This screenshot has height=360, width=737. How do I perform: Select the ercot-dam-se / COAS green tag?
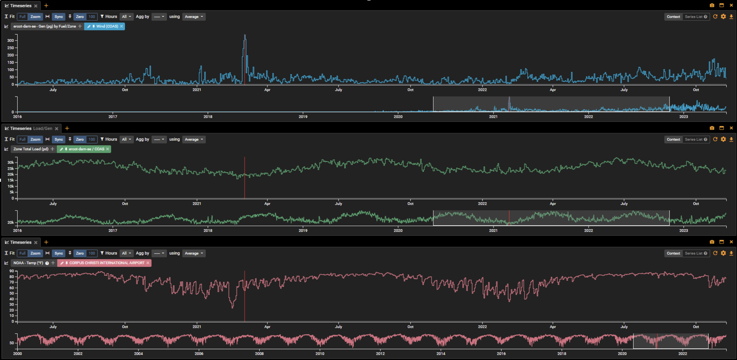[x=84, y=149]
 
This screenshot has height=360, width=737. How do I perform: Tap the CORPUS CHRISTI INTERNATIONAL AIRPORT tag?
[x=104, y=263]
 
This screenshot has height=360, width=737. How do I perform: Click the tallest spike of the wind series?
[x=245, y=35]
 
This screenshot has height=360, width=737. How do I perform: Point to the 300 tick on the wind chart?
[x=11, y=40]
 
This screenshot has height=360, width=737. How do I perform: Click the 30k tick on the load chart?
[x=11, y=162]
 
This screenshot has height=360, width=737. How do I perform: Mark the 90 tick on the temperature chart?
[x=12, y=271]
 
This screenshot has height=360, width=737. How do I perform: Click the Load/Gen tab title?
[x=43, y=129]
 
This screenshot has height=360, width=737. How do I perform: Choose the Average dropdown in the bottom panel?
[x=194, y=254]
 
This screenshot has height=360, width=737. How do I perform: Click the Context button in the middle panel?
[x=673, y=140]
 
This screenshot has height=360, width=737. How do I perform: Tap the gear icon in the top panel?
[x=723, y=17]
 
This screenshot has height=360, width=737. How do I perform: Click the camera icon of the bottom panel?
[x=712, y=242]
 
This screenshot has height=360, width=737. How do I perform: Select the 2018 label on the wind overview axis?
[x=208, y=117]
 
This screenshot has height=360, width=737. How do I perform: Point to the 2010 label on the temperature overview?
[x=320, y=354]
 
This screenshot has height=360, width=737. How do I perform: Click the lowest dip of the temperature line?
[x=233, y=308]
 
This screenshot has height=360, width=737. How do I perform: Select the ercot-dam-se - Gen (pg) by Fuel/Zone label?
[x=45, y=26]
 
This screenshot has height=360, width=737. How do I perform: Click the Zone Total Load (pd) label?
[x=31, y=149]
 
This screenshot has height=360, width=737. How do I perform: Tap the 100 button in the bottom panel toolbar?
[x=92, y=254]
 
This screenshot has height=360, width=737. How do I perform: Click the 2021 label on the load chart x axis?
[x=197, y=204]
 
